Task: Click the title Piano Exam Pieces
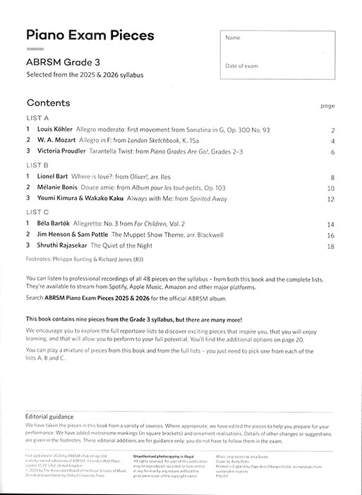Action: (90, 36)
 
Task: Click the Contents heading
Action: (47, 102)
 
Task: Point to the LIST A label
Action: (37, 117)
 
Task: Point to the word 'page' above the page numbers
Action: (327, 106)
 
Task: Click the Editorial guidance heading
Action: (54, 417)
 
